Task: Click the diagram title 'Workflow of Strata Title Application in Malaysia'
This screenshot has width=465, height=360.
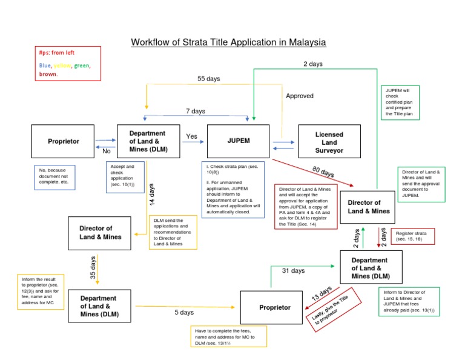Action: point(229,42)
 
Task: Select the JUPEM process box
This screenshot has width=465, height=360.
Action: point(238,141)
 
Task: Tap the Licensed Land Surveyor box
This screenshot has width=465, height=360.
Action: point(329,142)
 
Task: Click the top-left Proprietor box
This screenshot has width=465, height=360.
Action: point(64,141)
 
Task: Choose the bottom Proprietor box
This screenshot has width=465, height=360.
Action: point(275,307)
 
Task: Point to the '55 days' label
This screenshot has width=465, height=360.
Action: point(209,79)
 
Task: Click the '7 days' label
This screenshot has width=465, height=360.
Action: point(195,111)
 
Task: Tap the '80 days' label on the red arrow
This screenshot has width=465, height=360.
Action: point(323,173)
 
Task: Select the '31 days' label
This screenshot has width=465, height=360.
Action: point(294,271)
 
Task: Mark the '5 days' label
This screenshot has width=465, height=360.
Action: point(184,313)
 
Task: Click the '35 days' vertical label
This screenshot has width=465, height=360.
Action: point(93,267)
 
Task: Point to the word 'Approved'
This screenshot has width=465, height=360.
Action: point(300,96)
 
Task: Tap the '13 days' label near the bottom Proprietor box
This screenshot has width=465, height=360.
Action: point(321,295)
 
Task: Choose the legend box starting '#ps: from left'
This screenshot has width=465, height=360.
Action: point(68,64)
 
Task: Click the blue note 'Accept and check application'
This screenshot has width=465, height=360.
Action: point(125,175)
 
